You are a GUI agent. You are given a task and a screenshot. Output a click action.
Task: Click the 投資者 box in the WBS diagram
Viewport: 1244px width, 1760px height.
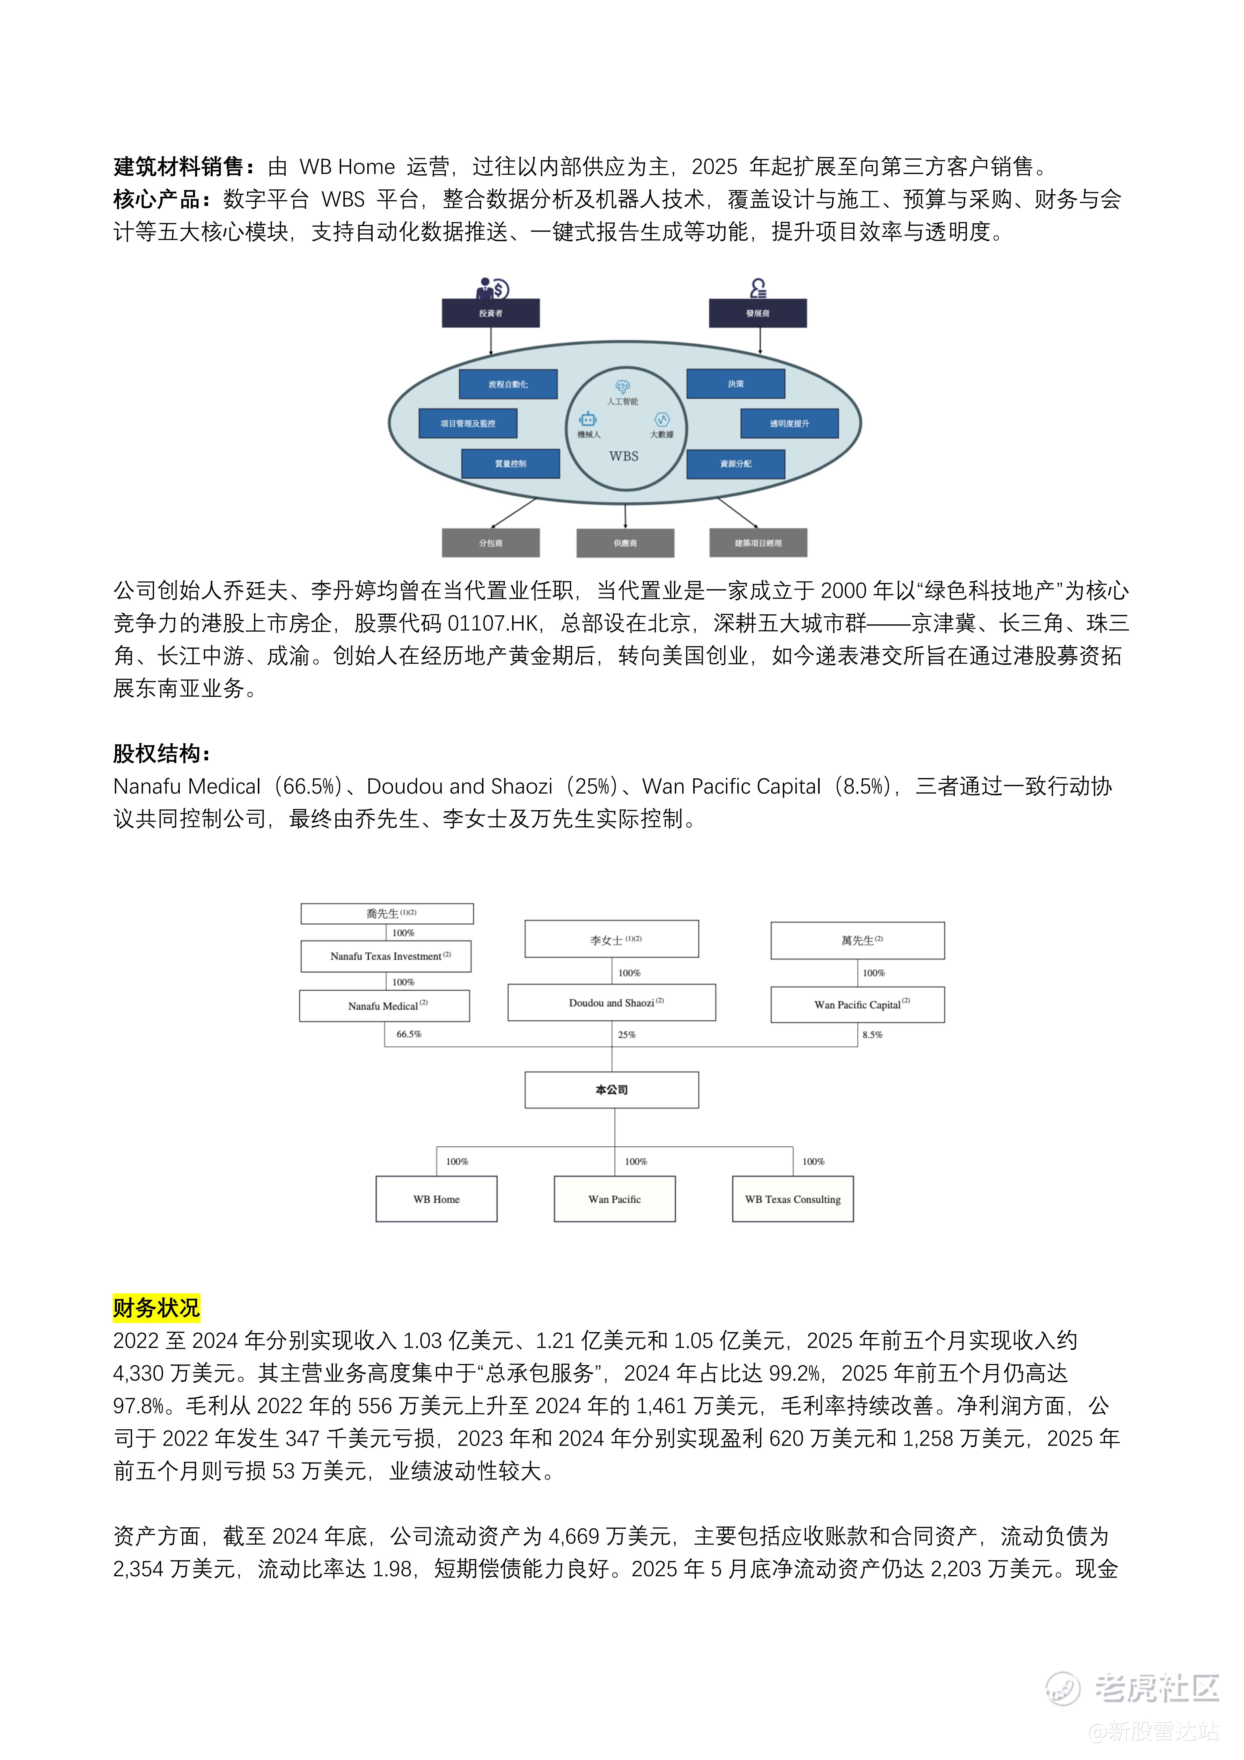click(491, 313)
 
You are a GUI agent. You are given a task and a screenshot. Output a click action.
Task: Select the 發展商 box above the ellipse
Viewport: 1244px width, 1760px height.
click(757, 313)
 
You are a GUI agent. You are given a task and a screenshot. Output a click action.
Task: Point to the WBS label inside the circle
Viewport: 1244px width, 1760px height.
click(624, 456)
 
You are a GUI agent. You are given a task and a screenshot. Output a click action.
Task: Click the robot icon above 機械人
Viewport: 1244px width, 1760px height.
click(588, 419)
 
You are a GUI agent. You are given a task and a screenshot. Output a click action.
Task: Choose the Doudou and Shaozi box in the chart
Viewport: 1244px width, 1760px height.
click(612, 1003)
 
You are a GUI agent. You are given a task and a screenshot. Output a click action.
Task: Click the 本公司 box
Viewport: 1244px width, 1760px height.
click(612, 1089)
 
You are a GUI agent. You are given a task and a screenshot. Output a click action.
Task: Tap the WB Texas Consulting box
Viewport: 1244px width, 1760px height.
click(793, 1199)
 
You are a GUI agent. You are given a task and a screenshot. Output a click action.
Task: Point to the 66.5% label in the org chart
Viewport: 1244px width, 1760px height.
click(409, 1034)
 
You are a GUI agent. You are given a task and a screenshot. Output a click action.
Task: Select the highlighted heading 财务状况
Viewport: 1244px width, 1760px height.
click(156, 1307)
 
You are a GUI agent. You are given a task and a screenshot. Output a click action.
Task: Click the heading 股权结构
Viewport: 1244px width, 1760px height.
click(161, 754)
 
